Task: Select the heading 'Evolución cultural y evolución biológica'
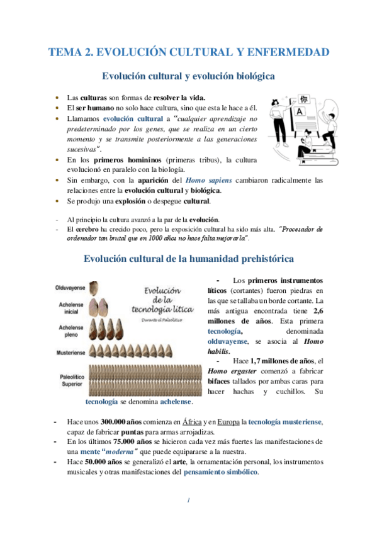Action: click(x=188, y=77)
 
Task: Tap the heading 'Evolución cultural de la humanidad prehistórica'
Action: click(x=188, y=258)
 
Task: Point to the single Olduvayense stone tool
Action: click(x=95, y=288)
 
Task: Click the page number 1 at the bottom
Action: click(x=188, y=501)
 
